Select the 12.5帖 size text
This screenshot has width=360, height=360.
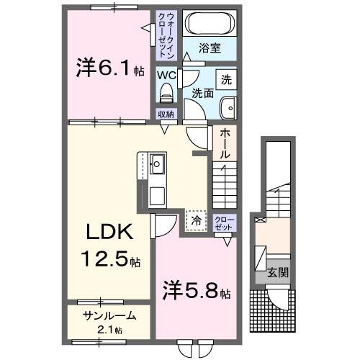(x=109, y=259)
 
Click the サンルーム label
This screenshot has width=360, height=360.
(x=109, y=317)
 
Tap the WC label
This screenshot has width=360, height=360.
(x=166, y=74)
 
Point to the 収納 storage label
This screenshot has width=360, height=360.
(x=166, y=113)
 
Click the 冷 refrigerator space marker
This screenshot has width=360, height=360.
(x=194, y=220)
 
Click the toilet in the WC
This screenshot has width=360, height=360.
(x=167, y=92)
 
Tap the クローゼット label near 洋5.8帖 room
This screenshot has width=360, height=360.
(x=223, y=222)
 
